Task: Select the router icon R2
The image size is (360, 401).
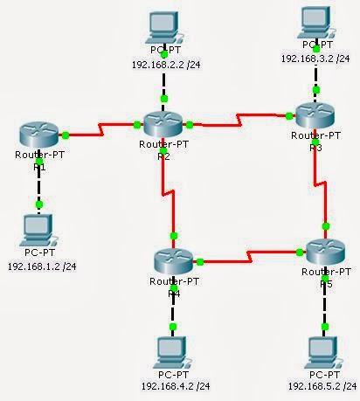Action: click(x=163, y=123)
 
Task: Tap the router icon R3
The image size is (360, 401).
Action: click(x=315, y=116)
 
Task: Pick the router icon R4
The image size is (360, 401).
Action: click(x=174, y=261)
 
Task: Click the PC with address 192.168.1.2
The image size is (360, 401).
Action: click(x=38, y=230)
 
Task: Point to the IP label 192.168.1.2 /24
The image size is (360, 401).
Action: click(x=41, y=265)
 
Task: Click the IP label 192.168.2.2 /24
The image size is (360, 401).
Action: click(x=165, y=63)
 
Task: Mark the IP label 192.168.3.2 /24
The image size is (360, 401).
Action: click(x=316, y=57)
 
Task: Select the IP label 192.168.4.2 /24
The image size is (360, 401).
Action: click(x=175, y=384)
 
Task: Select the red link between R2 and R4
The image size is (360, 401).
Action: click(x=165, y=188)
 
